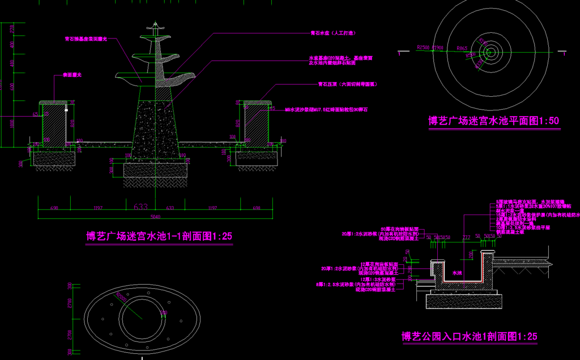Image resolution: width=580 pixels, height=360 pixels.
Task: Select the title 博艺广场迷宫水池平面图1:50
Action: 494,120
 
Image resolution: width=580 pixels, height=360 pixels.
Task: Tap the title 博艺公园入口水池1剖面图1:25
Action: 469,337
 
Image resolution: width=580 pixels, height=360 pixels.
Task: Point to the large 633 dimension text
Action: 142,207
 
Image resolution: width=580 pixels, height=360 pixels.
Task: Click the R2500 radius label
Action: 423,48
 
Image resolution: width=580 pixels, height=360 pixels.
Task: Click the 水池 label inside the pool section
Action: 458,273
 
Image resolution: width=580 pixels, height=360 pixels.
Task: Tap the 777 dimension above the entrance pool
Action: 467,237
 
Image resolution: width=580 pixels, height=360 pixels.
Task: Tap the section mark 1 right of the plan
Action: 566,55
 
